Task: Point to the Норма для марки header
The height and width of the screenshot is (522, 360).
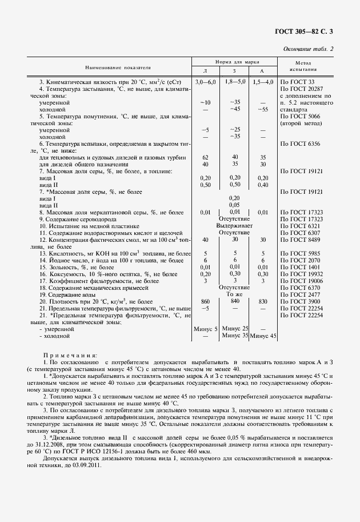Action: pos(234,60)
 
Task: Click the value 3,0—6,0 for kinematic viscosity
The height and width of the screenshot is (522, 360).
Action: pos(205,82)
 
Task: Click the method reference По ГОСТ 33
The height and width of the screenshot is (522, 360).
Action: pos(294,82)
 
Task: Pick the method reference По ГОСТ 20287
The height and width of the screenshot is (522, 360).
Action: pos(298,89)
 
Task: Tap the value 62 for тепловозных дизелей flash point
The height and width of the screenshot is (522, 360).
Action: pos(205,157)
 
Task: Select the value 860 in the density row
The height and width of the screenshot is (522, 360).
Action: pos(205,301)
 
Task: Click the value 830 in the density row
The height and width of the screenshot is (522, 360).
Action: pos(263,301)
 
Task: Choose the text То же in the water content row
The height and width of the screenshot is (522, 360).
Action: pos(234,294)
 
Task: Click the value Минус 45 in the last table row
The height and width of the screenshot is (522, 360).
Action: pos(263,336)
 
